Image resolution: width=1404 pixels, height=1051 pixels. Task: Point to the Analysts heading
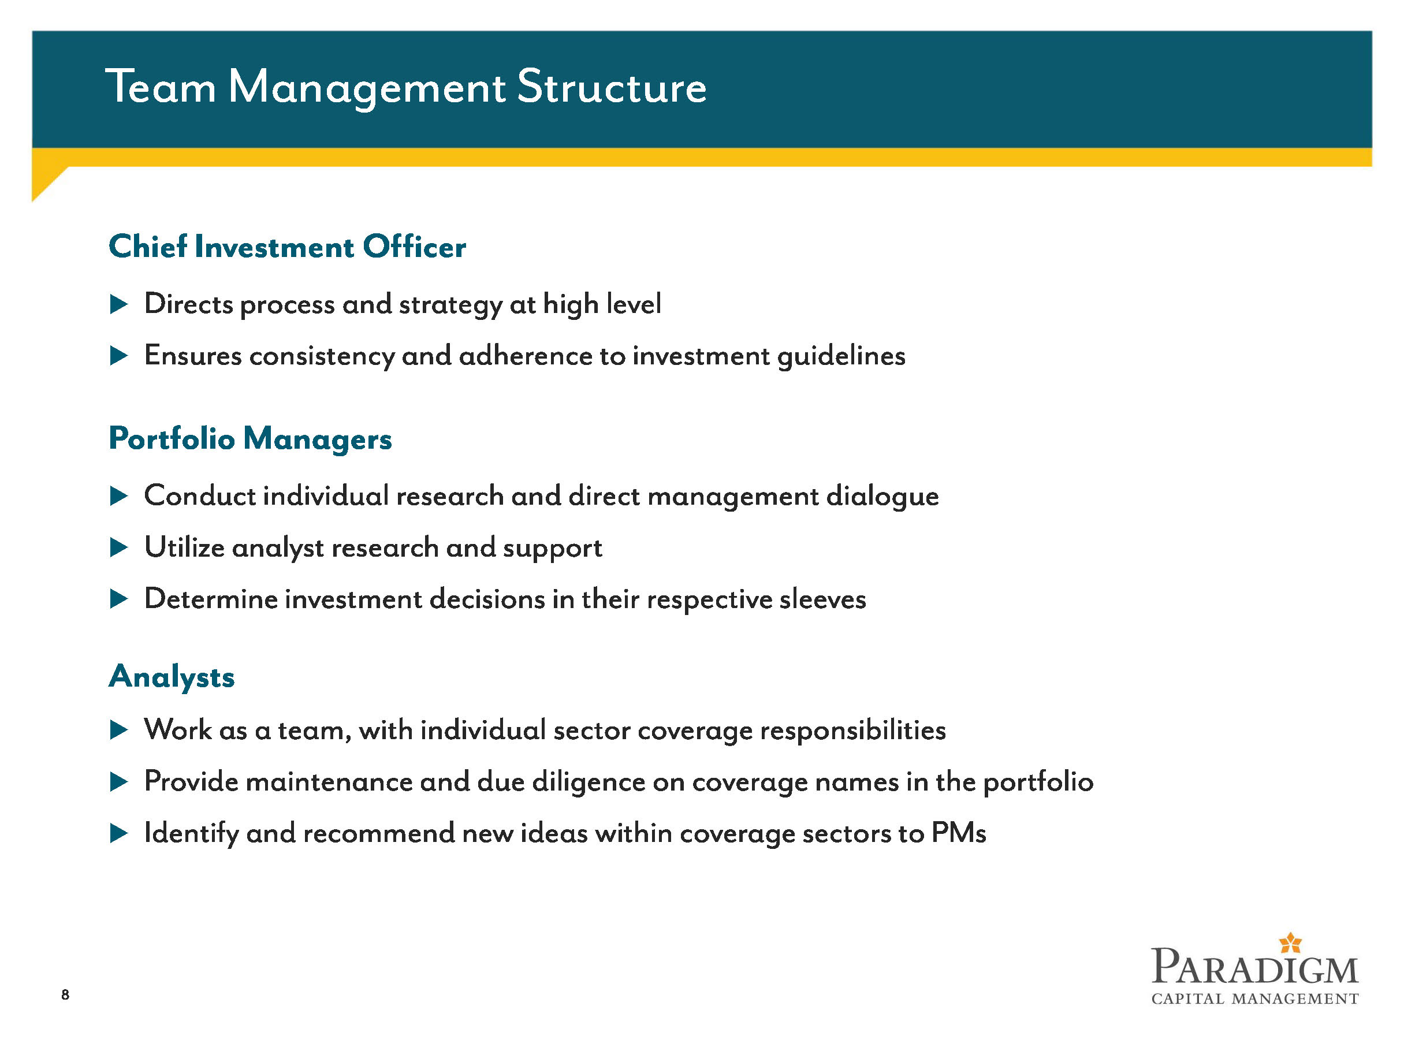pyautogui.click(x=172, y=677)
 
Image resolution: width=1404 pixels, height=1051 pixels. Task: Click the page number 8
pyautogui.click(x=65, y=994)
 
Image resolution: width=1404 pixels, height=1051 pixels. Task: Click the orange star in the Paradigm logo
pyautogui.click(x=1290, y=943)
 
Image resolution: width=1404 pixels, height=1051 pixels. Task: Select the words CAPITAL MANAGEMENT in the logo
pyautogui.click(x=1255, y=999)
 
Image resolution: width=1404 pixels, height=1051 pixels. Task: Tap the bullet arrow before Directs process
pyautogui.click(x=119, y=304)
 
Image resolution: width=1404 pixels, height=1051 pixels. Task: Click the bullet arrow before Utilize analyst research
pyautogui.click(x=119, y=547)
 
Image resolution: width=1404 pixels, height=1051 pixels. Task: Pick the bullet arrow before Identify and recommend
pyautogui.click(x=119, y=833)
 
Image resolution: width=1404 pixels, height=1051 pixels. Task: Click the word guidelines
pyautogui.click(x=841, y=356)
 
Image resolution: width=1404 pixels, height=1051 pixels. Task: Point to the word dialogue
pyautogui.click(x=882, y=496)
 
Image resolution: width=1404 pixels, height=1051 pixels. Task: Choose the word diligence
pyautogui.click(x=589, y=782)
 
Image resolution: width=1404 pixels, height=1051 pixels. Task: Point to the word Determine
pyautogui.click(x=211, y=598)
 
